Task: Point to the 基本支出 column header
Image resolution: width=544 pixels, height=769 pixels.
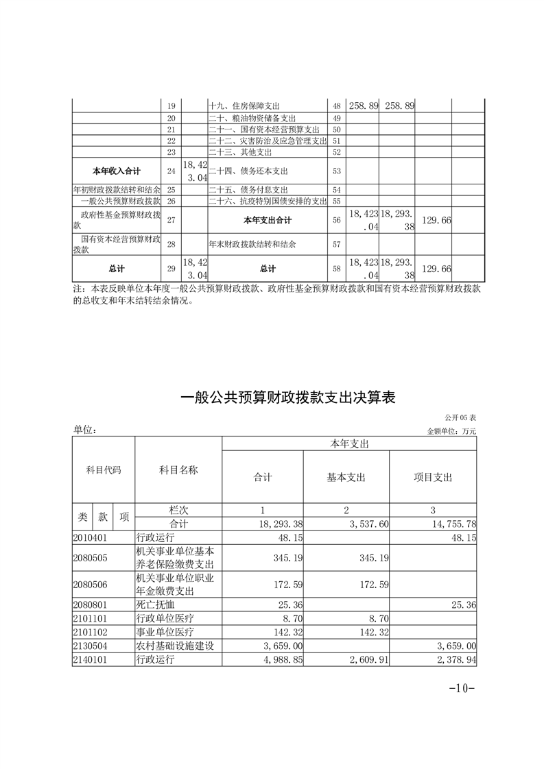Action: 346,477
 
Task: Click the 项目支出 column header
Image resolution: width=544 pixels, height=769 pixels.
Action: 432,477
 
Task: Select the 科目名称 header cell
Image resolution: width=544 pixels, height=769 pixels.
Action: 178,470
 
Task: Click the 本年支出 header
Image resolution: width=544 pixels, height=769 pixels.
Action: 349,444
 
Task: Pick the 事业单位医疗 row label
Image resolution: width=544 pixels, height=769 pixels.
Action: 161,632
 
